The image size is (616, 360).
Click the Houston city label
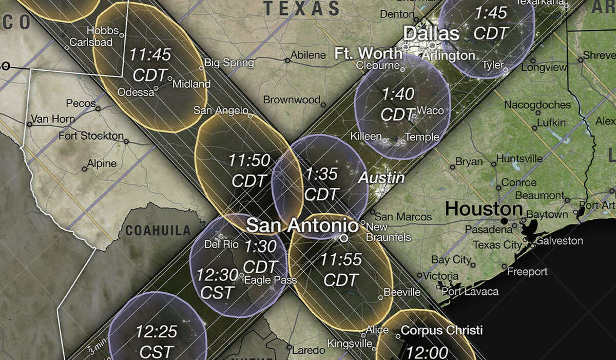point(484,209)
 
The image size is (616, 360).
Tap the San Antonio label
point(302,225)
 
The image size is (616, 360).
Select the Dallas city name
point(431,34)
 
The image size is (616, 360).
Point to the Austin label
point(381,178)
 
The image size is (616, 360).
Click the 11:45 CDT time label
point(150,64)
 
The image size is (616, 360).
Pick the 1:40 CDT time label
point(398,104)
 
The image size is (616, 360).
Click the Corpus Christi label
point(441,330)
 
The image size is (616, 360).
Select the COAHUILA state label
point(156,230)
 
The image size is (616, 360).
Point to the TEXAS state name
point(301,9)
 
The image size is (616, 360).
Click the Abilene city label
point(308,55)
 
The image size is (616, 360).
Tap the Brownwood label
point(292,100)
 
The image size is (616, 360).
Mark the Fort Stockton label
point(91,136)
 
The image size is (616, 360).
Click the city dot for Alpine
point(85,168)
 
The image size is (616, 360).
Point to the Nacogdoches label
point(537,105)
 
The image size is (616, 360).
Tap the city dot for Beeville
point(380,297)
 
